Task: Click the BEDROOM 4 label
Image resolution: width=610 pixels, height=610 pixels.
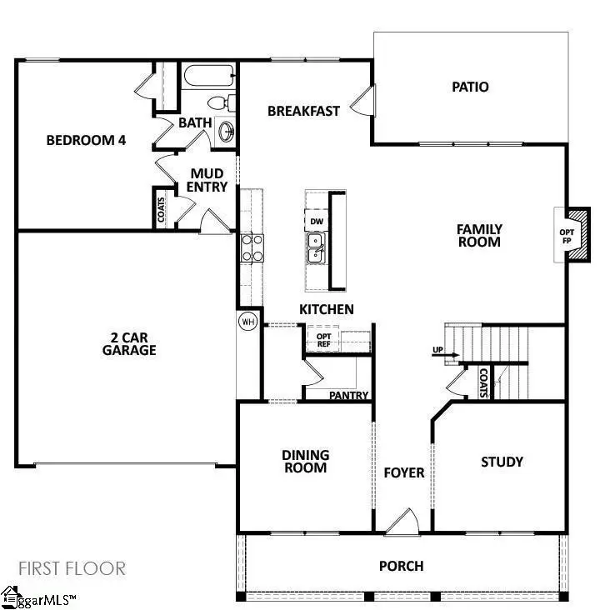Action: (x=86, y=140)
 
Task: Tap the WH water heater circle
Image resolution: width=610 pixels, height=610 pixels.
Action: (x=247, y=322)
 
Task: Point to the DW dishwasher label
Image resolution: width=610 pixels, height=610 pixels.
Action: (x=316, y=222)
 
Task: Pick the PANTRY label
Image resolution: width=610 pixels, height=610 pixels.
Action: (x=348, y=396)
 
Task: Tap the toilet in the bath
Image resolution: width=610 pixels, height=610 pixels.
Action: (x=219, y=103)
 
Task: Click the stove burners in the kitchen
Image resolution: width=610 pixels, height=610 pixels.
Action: (x=252, y=247)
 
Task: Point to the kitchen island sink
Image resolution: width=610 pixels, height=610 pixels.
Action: (x=316, y=247)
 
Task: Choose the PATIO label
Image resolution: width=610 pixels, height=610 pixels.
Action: (x=470, y=87)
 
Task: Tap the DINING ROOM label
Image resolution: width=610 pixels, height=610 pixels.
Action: (x=304, y=462)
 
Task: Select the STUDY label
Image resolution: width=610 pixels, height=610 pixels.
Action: (x=502, y=462)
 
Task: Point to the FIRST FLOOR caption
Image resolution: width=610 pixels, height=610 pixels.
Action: (x=71, y=569)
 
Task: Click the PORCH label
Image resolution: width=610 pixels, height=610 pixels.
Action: (x=401, y=567)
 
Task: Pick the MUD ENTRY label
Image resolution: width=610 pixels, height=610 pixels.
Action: (x=207, y=181)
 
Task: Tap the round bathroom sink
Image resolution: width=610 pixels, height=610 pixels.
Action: (x=225, y=131)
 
